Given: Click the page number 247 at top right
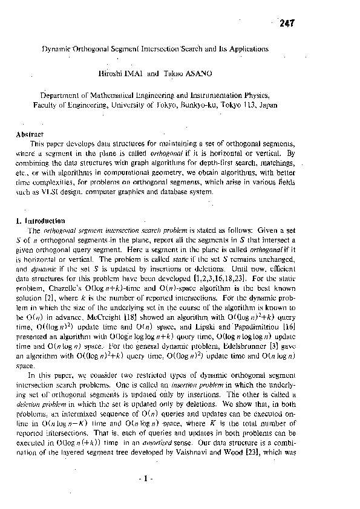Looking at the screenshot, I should tap(287, 24).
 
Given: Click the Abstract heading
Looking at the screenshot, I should tap(30, 134).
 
